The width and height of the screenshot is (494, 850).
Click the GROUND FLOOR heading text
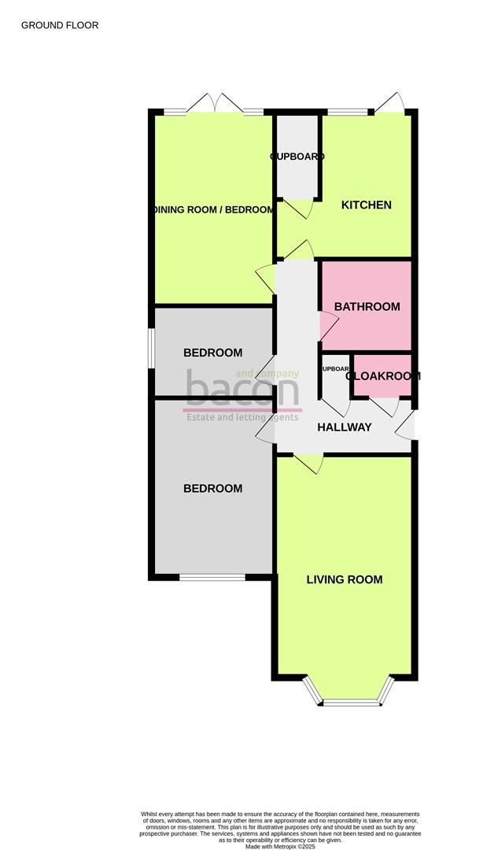click(x=60, y=25)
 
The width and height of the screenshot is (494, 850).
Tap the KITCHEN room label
click(x=366, y=205)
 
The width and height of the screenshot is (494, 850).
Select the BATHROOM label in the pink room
click(x=367, y=307)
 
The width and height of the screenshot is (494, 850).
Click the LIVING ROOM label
click(x=345, y=580)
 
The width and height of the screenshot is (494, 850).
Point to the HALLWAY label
click(x=344, y=427)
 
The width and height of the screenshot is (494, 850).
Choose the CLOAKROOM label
click(x=383, y=376)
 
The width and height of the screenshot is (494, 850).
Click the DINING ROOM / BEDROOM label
click(x=213, y=210)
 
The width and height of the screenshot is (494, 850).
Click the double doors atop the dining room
click(x=214, y=105)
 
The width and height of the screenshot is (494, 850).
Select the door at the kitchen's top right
click(x=390, y=105)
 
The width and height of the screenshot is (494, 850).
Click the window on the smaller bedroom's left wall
click(x=152, y=347)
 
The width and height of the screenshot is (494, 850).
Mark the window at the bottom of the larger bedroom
click(x=212, y=578)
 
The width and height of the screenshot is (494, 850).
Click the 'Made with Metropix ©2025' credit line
click(x=280, y=847)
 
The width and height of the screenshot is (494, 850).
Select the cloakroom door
click(x=385, y=406)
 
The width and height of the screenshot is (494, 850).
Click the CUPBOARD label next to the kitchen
click(x=297, y=157)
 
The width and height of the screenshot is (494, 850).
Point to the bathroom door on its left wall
click(x=325, y=322)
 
